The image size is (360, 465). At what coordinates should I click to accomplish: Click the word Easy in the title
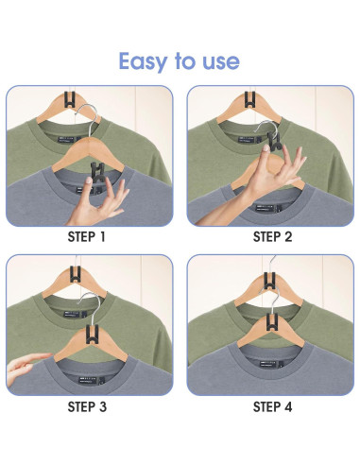click(x=144, y=62)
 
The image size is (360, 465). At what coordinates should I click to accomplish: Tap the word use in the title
click(x=221, y=62)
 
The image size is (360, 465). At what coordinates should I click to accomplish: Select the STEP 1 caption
click(x=86, y=237)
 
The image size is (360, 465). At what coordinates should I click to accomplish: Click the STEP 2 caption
click(x=273, y=237)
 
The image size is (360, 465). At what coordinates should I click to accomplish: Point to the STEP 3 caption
click(x=87, y=406)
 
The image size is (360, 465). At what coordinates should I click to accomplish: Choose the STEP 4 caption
click(x=273, y=406)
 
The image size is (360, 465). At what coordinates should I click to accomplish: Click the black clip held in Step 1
click(x=98, y=173)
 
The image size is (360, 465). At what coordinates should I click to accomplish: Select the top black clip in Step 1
click(x=70, y=100)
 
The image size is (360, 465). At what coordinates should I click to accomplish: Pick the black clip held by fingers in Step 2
click(x=273, y=141)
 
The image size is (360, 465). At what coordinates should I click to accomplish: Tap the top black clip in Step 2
click(x=250, y=99)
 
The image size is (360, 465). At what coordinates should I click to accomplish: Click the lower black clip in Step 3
click(x=93, y=335)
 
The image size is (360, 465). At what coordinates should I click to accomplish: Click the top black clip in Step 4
click(x=270, y=281)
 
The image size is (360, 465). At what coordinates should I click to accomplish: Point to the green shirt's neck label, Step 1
click(x=69, y=140)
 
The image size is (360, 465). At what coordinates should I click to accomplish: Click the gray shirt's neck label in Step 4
click(x=271, y=364)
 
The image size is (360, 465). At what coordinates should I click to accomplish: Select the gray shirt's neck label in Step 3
click(x=92, y=381)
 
